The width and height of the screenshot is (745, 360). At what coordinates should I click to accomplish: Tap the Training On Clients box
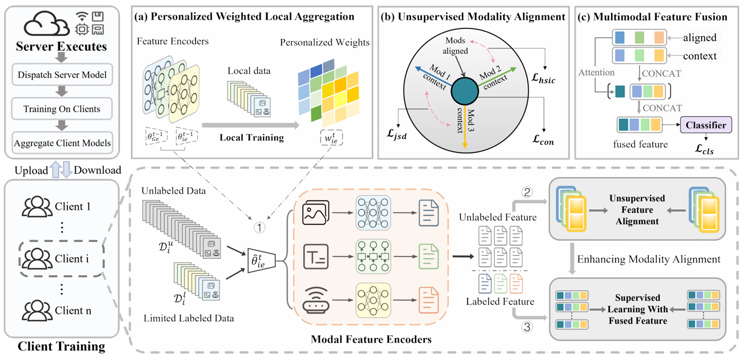(x=62, y=109)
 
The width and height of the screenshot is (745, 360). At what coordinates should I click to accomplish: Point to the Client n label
(x=73, y=311)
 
